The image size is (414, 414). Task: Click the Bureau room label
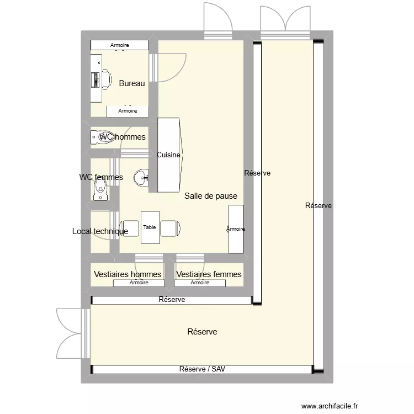click(132, 83)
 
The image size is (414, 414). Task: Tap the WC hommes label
click(123, 137)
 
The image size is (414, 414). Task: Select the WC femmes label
click(101, 177)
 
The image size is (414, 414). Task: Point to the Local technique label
click(100, 231)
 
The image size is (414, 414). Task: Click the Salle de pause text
click(211, 196)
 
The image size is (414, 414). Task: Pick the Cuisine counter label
click(168, 155)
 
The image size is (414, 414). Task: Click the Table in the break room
click(150, 227)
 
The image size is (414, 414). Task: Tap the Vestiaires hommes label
click(128, 274)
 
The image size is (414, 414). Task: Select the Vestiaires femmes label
click(209, 274)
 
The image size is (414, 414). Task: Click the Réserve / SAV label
click(202, 369)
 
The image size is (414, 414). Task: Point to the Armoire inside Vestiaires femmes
click(200, 283)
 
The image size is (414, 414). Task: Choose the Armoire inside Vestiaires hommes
click(139, 283)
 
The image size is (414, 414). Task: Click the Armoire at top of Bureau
click(120, 45)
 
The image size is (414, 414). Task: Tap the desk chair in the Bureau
click(105, 79)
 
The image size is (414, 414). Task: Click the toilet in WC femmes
click(100, 190)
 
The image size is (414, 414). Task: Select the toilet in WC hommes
click(103, 136)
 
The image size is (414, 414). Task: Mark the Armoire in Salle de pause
click(236, 229)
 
